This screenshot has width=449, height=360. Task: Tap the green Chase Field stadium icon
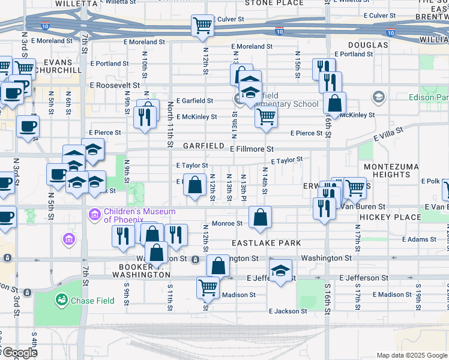pyautogui.click(x=61, y=299)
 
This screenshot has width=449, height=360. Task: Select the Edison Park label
pyautogui.click(x=429, y=97)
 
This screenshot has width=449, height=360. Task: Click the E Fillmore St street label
pyautogui.click(x=252, y=148)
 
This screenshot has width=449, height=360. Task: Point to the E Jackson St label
pyautogui.click(x=288, y=311)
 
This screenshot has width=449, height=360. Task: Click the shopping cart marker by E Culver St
pyautogui.click(x=203, y=26)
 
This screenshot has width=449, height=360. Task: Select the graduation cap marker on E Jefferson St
pyautogui.click(x=280, y=271)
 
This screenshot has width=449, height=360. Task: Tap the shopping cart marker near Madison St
pyautogui.click(x=208, y=287)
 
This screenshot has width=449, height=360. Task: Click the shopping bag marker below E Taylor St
pyautogui.click(x=194, y=185)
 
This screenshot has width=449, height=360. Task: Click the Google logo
pyautogui.click(x=19, y=353)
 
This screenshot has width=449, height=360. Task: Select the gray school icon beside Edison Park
pyautogui.click(x=378, y=97)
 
